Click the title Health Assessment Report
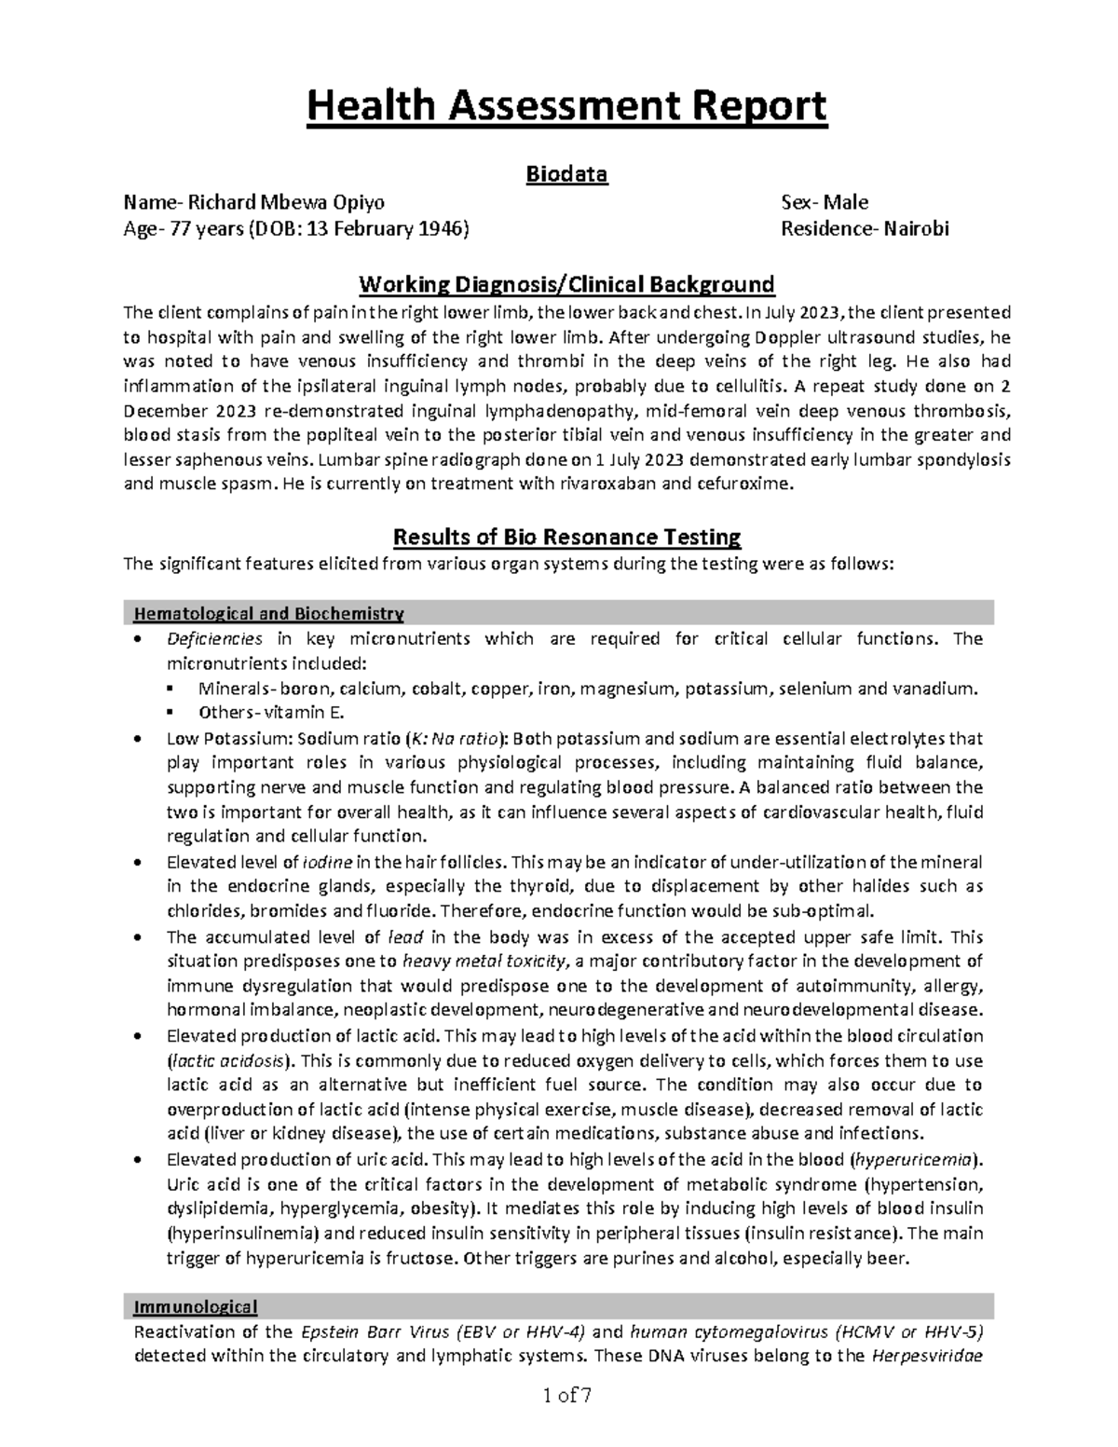pos(566,106)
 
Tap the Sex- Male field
pos(825,203)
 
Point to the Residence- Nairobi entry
pos(866,228)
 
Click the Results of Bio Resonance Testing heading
pos(566,538)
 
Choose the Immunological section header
pos(196,1306)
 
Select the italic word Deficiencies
pos(214,639)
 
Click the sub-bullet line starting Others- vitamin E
pos(271,713)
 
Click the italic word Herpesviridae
pos(927,1356)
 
